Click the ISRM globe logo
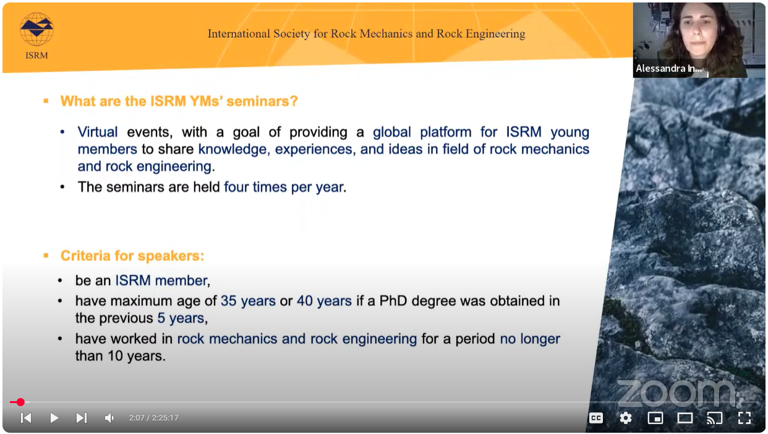pyautogui.click(x=36, y=29)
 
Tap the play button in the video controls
pyautogui.click(x=54, y=418)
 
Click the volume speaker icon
pyautogui.click(x=109, y=418)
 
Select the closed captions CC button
pyautogui.click(x=596, y=418)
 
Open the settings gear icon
pyautogui.click(x=626, y=418)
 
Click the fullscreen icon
pyautogui.click(x=745, y=418)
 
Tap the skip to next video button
pyautogui.click(x=82, y=418)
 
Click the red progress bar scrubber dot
pyautogui.click(x=20, y=402)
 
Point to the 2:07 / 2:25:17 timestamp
pyautogui.click(x=153, y=418)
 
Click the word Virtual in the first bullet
pyautogui.click(x=98, y=132)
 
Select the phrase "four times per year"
pyautogui.click(x=284, y=187)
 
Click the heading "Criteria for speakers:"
pyautogui.click(x=132, y=256)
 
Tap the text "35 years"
pyautogui.click(x=248, y=301)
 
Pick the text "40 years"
pyautogui.click(x=325, y=301)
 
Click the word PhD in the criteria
pyautogui.click(x=393, y=301)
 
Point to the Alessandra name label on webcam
pyautogui.click(x=668, y=68)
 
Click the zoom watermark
pyautogui.click(x=677, y=394)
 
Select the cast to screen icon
pyautogui.click(x=715, y=418)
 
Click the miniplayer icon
pyautogui.click(x=655, y=418)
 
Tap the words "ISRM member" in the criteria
pyautogui.click(x=162, y=280)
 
